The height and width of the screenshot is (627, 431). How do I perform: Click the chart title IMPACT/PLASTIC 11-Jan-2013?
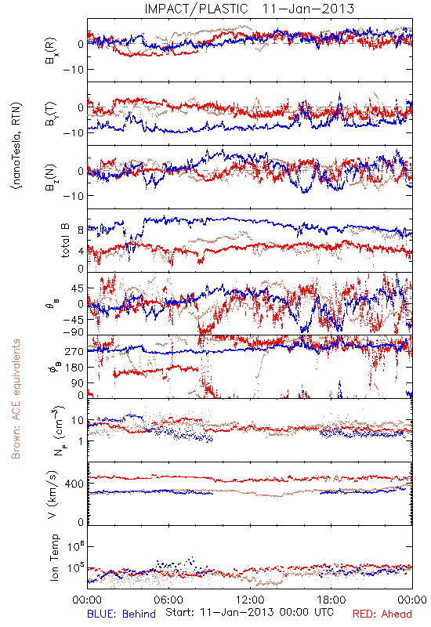click(249, 9)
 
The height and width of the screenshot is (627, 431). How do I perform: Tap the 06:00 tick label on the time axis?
click(168, 600)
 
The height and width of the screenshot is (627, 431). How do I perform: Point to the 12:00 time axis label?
click(250, 600)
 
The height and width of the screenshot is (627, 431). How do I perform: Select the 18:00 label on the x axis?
click(331, 600)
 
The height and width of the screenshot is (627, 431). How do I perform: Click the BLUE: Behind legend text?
click(121, 614)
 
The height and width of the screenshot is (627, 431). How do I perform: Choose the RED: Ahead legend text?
click(382, 614)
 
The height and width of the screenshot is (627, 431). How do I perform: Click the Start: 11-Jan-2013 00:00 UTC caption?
click(249, 612)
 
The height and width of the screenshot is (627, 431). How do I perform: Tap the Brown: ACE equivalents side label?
click(16, 399)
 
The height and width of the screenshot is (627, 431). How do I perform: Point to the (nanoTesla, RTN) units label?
click(16, 145)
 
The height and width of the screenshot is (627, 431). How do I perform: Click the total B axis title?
click(65, 241)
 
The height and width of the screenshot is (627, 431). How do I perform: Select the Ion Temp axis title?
click(54, 557)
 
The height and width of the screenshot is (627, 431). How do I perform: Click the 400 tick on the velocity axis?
click(74, 484)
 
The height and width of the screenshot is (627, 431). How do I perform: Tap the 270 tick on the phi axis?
click(74, 351)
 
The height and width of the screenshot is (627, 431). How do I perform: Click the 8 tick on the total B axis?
click(81, 230)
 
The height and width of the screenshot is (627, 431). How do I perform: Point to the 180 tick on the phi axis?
click(74, 368)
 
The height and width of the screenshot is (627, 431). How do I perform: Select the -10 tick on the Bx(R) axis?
click(73, 70)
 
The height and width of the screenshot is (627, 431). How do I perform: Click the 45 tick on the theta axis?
click(78, 288)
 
